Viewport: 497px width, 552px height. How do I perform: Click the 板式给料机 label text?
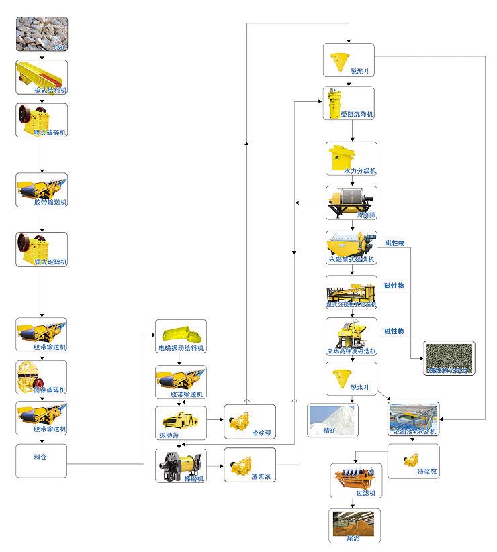(x=50, y=89)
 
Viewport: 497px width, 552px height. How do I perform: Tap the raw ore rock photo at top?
(x=42, y=34)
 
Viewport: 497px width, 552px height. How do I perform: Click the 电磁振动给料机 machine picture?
(x=180, y=333)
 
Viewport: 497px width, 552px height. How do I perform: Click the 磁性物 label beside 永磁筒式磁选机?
(x=394, y=243)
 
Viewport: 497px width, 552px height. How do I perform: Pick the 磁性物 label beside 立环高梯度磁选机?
(x=394, y=331)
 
